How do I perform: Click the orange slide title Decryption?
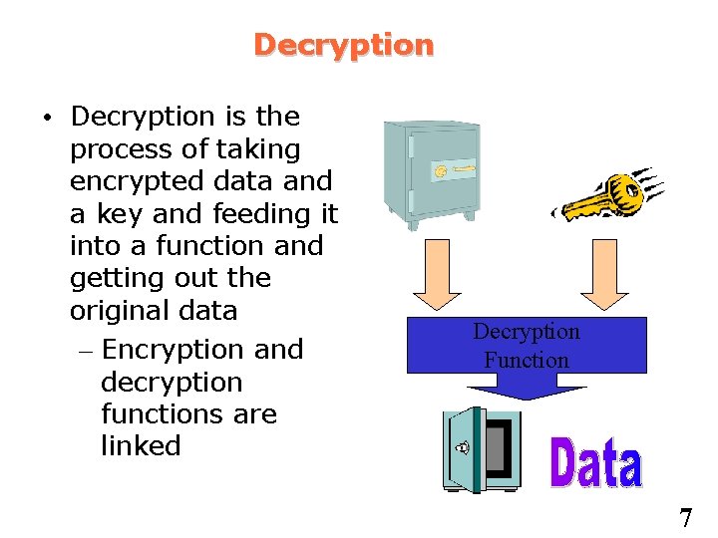tap(343, 45)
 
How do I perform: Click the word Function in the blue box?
tap(527, 360)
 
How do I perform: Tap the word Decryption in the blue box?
tap(527, 332)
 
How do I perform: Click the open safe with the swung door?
tap(482, 449)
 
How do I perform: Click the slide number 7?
tap(685, 518)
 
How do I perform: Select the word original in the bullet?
tap(113, 310)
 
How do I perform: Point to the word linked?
tap(141, 445)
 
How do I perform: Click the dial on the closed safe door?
tap(441, 172)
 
